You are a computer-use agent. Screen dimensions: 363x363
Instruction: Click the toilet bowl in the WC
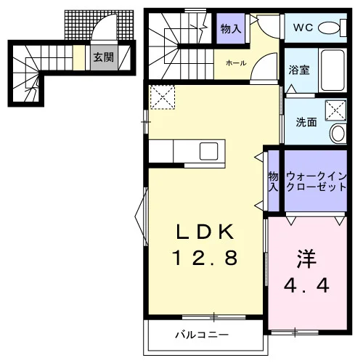(329, 28)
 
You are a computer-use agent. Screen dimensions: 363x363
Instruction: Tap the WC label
(303, 28)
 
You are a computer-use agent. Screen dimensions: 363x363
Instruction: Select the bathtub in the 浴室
(333, 70)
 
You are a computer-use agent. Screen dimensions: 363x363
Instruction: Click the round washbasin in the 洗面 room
(338, 134)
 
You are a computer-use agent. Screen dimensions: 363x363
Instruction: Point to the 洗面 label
(306, 123)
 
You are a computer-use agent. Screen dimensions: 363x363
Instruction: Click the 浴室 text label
(299, 70)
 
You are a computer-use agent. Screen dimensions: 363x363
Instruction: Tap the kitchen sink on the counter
(208, 151)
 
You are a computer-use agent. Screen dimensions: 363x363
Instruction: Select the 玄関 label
(104, 57)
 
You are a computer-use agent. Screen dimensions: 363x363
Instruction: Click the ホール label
(236, 63)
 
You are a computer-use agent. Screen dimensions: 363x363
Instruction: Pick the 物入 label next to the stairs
(231, 29)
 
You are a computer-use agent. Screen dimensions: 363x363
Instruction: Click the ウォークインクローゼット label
(316, 181)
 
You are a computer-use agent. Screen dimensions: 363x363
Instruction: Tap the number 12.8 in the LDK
(205, 258)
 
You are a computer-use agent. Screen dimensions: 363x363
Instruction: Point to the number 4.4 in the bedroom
(306, 285)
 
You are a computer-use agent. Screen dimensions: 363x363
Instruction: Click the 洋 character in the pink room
(306, 258)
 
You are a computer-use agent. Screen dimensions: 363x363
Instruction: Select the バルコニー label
(202, 335)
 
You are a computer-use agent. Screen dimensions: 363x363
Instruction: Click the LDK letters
(205, 232)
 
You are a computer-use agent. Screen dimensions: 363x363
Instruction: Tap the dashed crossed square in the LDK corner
(163, 97)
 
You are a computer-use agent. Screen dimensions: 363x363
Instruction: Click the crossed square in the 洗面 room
(335, 110)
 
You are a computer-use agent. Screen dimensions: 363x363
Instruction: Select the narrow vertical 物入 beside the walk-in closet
(274, 181)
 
